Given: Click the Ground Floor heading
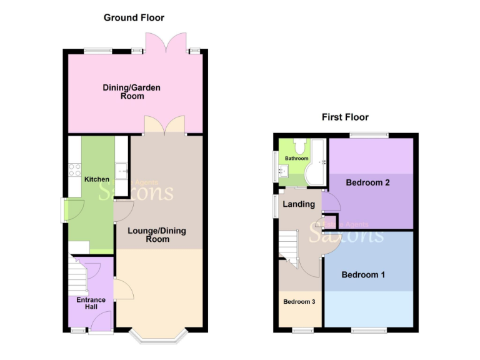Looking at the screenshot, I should (x=134, y=17).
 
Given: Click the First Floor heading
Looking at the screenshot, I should (x=345, y=117).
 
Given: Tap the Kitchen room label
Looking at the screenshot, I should (x=97, y=179).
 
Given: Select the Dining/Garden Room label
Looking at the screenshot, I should (x=132, y=92).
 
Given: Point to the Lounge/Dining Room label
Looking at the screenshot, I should (x=157, y=235).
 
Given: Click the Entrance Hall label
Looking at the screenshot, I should (x=91, y=304).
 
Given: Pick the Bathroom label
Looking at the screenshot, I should (x=297, y=159).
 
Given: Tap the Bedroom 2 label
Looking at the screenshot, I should (x=368, y=183).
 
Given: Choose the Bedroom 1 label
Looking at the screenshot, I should (x=363, y=274).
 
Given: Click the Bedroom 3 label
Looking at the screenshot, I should (x=299, y=302).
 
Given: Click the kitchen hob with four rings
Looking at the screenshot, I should (x=75, y=170).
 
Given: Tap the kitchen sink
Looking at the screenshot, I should (x=122, y=170).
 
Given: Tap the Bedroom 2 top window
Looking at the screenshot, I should (x=368, y=134).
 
